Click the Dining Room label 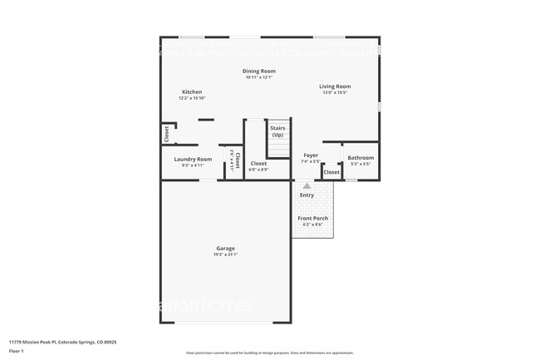pos(259,72)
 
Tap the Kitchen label pos(192,92)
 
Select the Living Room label pos(335,86)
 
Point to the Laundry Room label pos(193,159)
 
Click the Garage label pos(225,248)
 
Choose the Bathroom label pos(361,158)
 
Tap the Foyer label pos(311,155)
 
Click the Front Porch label pos(312,218)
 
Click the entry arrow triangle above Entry pos(307,186)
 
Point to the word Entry pos(307,195)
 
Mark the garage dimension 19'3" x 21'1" pos(225,254)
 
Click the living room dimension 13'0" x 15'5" pos(335,92)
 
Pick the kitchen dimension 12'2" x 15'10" pos(192,98)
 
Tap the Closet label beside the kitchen pos(166,133)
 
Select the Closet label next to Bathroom pos(331,172)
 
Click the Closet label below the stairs pos(258,164)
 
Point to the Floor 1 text pos(17,352)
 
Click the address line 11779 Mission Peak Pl pos(62,342)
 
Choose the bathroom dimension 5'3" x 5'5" pos(361,164)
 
